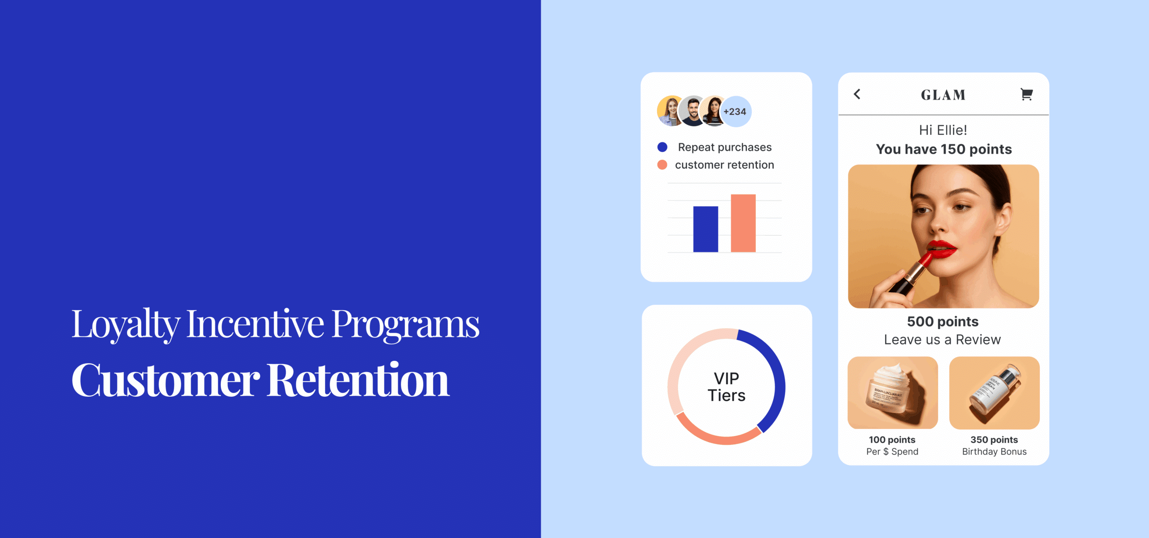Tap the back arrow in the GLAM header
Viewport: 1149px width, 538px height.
coord(857,94)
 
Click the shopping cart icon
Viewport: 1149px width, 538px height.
coord(1026,94)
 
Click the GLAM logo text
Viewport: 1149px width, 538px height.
coord(943,95)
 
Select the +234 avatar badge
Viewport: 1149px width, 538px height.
coord(735,112)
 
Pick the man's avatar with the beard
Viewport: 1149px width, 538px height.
coord(693,111)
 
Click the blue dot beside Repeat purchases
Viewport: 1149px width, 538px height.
coord(662,147)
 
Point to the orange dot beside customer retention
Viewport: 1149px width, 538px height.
coord(662,165)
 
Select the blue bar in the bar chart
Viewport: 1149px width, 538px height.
coord(706,229)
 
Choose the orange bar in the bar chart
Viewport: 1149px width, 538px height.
coord(743,223)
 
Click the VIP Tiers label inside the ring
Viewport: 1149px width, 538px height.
coord(726,387)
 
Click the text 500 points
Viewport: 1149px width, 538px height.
coord(943,321)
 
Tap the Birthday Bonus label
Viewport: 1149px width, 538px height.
coord(994,451)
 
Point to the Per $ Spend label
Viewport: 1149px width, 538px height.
coord(892,451)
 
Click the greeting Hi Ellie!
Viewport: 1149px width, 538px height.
coord(943,130)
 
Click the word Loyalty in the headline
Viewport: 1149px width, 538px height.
coord(126,324)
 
